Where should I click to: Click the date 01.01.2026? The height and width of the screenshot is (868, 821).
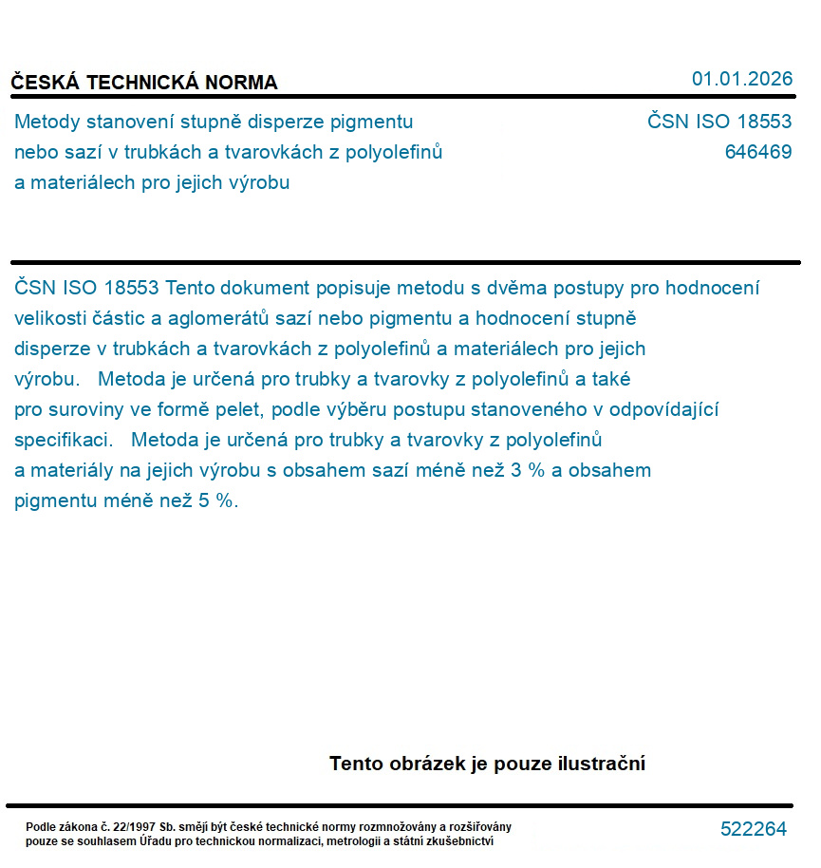(742, 79)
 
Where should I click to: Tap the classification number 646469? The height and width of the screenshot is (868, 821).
(757, 152)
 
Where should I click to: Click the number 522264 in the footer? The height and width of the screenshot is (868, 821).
(754, 829)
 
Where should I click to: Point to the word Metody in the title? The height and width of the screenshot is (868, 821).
(47, 122)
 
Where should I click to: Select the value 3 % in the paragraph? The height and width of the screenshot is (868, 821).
(528, 471)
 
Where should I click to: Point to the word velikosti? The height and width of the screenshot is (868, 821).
(50, 318)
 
